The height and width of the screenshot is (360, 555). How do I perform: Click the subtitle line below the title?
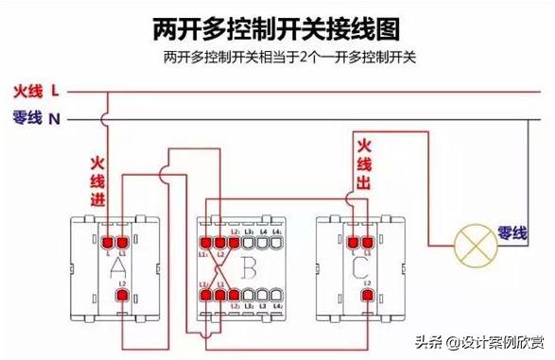click(x=278, y=58)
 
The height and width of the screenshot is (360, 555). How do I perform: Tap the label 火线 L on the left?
click(x=36, y=92)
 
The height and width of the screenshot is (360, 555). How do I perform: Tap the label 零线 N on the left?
click(x=36, y=118)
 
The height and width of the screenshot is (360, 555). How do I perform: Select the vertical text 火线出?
click(x=363, y=164)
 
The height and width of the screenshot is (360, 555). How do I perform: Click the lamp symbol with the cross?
click(x=471, y=245)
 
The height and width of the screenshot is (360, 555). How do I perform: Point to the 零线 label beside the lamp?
click(x=512, y=232)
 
